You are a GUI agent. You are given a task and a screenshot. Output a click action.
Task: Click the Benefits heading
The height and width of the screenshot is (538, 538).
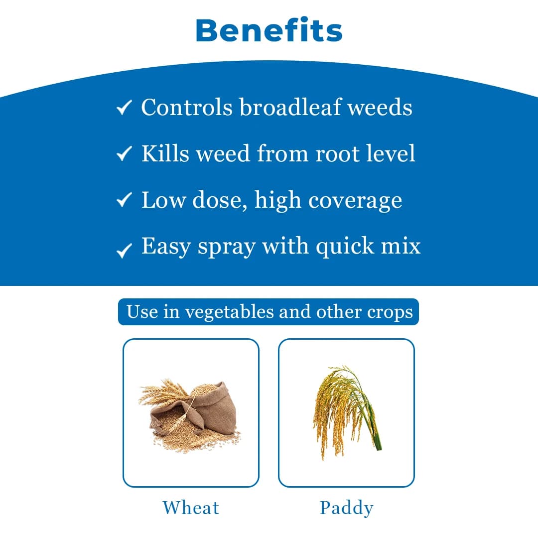(x=269, y=30)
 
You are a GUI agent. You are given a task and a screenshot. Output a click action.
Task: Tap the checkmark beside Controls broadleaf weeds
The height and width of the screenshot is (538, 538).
(x=124, y=107)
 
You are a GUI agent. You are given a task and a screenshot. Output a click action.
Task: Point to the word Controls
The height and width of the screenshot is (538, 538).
(x=187, y=107)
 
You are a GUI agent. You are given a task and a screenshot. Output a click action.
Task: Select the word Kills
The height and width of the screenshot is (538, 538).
(x=165, y=153)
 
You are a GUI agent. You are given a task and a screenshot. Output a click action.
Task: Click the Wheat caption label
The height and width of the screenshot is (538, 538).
(x=191, y=508)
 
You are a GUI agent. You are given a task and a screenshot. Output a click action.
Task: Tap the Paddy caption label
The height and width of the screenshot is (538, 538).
(x=346, y=508)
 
